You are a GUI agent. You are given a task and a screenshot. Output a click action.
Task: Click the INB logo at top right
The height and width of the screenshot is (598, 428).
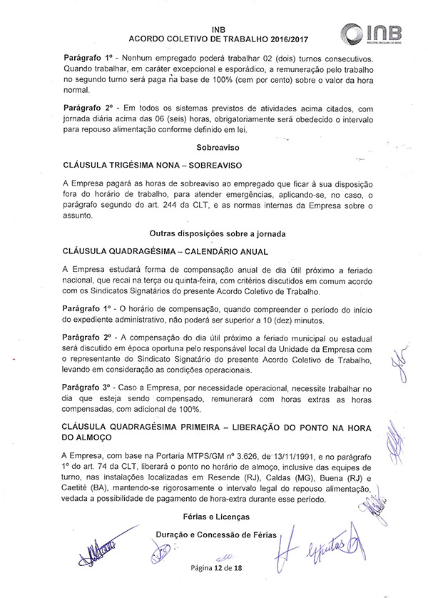coord(371,33)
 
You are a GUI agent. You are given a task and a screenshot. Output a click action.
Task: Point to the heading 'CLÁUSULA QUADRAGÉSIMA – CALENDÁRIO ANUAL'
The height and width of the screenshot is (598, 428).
coord(165,251)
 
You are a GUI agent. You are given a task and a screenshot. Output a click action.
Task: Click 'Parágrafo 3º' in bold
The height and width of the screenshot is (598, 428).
coord(88,387)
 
